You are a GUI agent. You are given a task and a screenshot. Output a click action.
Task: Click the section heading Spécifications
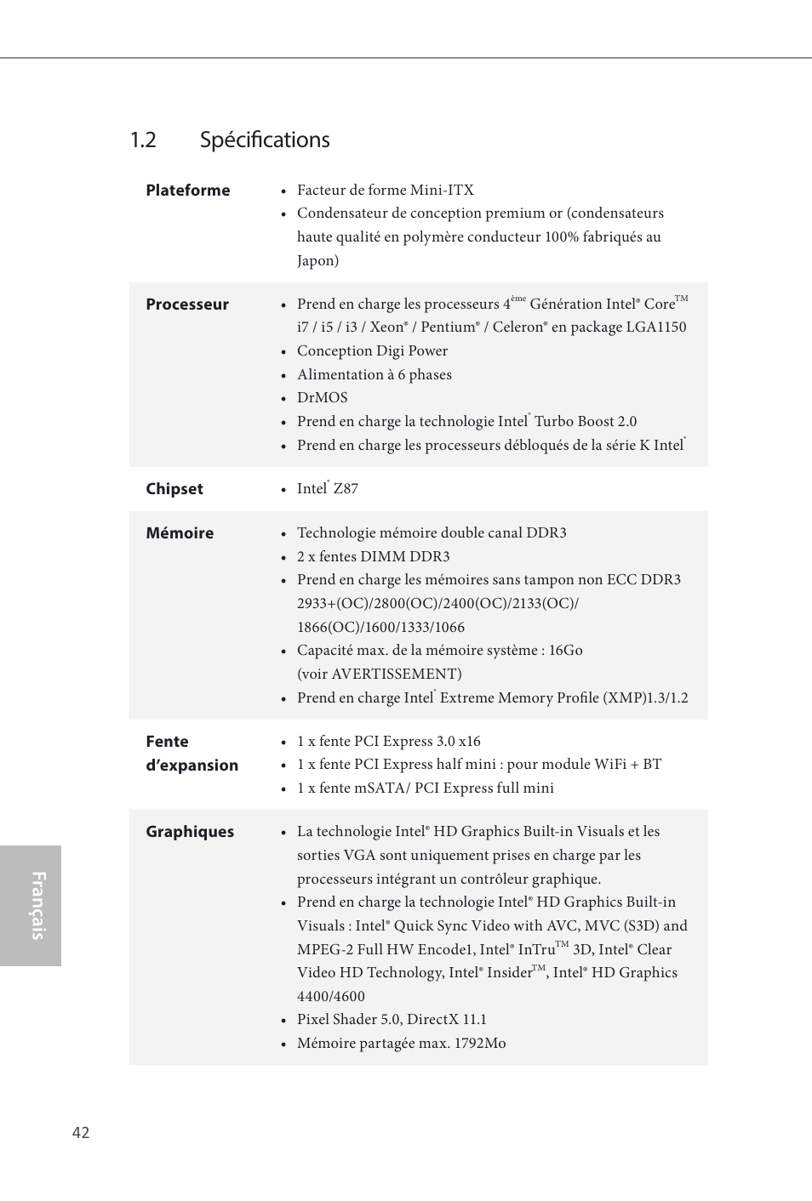click(265, 140)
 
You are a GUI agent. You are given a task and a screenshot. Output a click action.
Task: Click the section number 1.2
click(143, 140)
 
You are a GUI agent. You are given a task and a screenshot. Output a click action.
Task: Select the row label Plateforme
click(187, 191)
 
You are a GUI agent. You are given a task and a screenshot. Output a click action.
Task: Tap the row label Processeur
click(186, 305)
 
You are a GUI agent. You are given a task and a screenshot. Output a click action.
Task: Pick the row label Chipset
click(174, 489)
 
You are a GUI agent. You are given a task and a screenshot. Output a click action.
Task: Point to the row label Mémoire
click(179, 533)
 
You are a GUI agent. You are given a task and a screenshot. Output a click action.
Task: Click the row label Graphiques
click(189, 832)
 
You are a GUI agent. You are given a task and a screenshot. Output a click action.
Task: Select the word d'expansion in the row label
click(192, 766)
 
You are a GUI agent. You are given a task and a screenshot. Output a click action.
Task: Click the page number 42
click(81, 1133)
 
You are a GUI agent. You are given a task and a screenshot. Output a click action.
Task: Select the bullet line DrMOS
click(322, 398)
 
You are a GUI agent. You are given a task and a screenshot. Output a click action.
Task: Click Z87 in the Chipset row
click(346, 489)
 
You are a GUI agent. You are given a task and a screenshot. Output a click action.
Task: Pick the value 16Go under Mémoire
click(565, 651)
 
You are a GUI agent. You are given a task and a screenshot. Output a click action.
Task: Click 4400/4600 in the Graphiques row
click(330, 997)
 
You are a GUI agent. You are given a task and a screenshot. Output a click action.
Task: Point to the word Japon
click(315, 261)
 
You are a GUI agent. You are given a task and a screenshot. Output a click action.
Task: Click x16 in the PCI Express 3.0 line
click(469, 742)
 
